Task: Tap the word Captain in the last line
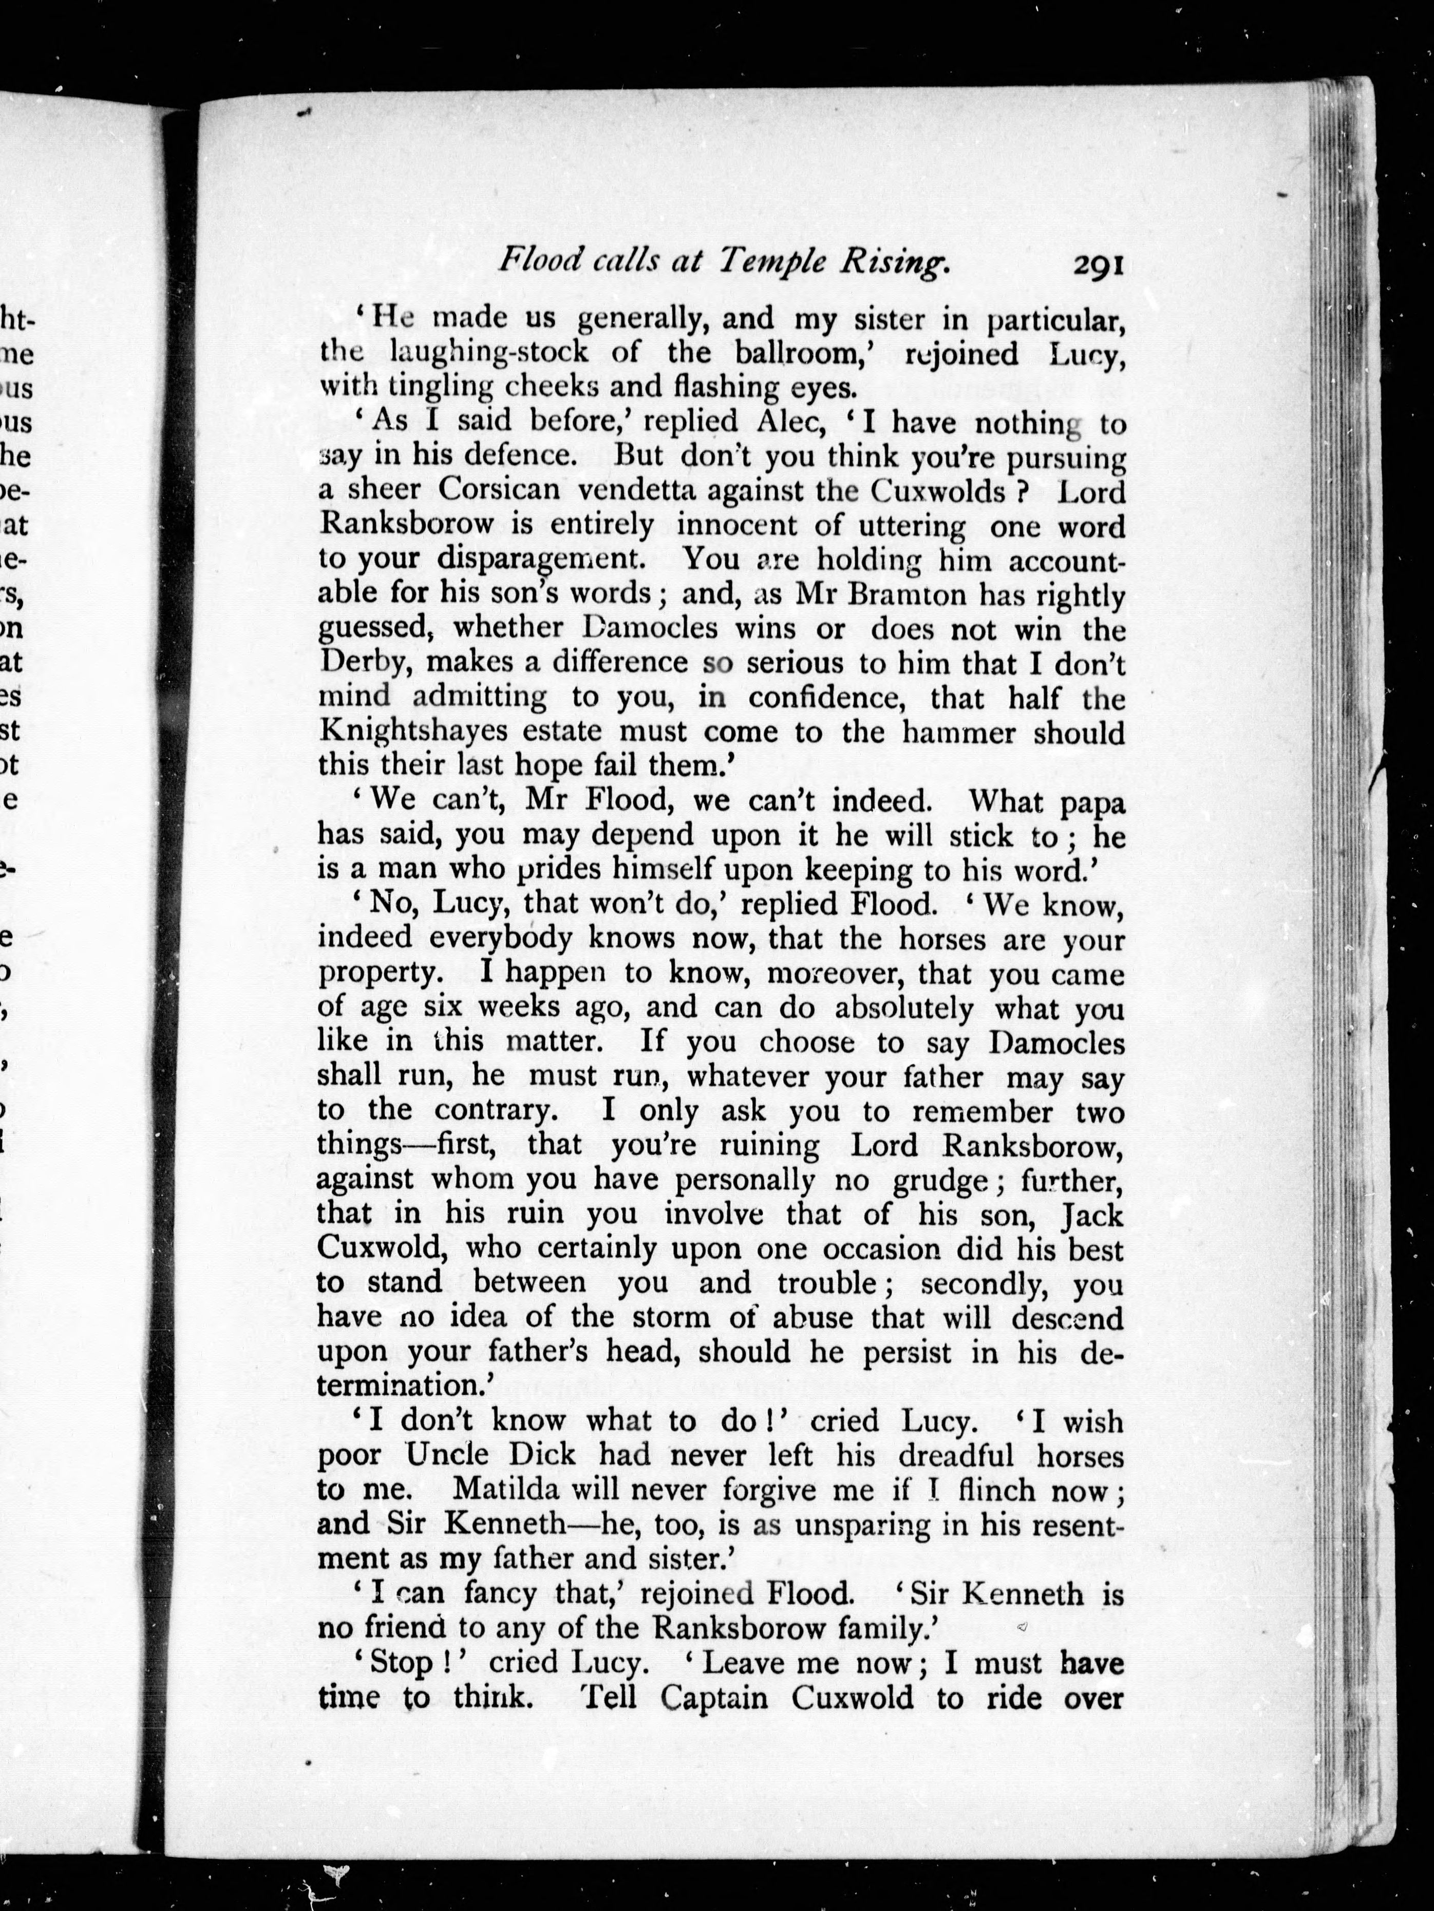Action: point(714,1698)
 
